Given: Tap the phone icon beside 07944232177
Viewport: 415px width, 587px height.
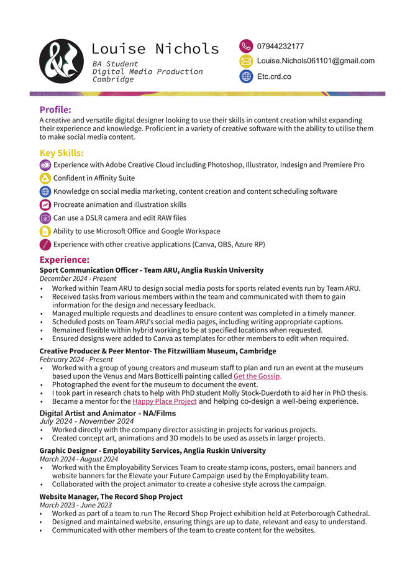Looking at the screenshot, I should coord(246,46).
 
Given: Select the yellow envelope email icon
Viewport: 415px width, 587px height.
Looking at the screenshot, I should coord(246,61).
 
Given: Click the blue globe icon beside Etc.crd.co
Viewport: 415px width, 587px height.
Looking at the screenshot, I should coord(246,76).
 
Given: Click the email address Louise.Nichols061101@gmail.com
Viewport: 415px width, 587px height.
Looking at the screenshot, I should coord(316,61).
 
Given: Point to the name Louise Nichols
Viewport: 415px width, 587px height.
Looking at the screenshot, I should coord(155,48).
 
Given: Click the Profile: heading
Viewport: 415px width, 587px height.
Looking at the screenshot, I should coord(55,110).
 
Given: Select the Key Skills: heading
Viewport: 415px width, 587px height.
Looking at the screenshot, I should coord(62,153).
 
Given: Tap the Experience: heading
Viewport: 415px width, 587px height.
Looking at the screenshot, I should coord(65,260).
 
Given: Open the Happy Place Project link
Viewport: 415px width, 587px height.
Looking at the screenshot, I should coord(164,401).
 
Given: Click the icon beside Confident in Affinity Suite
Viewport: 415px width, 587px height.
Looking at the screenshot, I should coord(45,178).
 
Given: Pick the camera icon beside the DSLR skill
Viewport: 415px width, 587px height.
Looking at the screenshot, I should coord(45,218).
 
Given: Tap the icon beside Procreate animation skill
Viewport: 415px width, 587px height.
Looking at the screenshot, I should coord(45,205).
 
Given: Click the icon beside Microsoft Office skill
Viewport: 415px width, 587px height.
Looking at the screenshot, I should coord(45,231).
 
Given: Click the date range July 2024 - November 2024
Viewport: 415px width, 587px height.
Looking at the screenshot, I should coord(86,421).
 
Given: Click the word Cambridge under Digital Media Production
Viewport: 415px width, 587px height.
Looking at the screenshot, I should coord(113,80).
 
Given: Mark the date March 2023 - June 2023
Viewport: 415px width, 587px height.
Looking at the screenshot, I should coord(76,505).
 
